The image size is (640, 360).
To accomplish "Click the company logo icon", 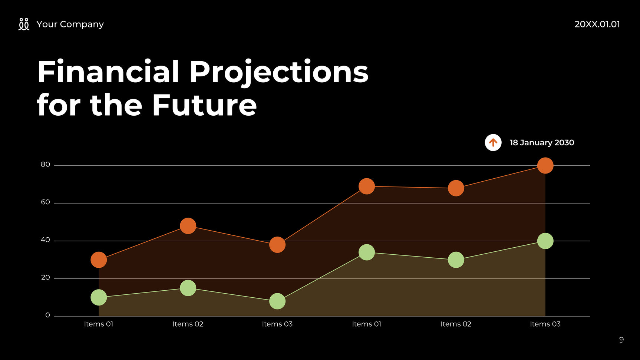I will click(x=24, y=24).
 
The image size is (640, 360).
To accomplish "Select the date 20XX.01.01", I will click(x=597, y=24).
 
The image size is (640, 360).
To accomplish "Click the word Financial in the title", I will click(x=108, y=72).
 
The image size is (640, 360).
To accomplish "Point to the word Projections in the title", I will click(x=279, y=72).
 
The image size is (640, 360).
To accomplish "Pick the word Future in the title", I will click(x=204, y=105).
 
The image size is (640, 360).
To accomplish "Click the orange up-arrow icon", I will click(x=493, y=142).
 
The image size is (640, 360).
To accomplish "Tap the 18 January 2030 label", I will click(x=542, y=143).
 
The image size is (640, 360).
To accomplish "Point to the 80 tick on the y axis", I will click(x=45, y=165).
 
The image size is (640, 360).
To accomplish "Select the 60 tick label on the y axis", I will click(x=45, y=202).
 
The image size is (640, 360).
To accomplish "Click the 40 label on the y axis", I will click(x=45, y=240).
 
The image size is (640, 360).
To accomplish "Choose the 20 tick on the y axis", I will click(x=45, y=278).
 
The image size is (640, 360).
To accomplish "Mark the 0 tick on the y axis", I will click(x=47, y=316).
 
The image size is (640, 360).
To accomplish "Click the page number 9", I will click(x=621, y=340).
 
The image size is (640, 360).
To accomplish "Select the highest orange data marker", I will click(x=545, y=165).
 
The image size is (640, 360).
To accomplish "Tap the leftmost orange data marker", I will click(x=99, y=260).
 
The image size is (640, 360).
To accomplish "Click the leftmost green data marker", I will click(x=99, y=297).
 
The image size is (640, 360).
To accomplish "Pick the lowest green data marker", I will click(x=277, y=301).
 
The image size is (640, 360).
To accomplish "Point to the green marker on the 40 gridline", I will click(x=545, y=241).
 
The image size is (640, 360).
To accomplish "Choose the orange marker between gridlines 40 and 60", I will click(x=188, y=226).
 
